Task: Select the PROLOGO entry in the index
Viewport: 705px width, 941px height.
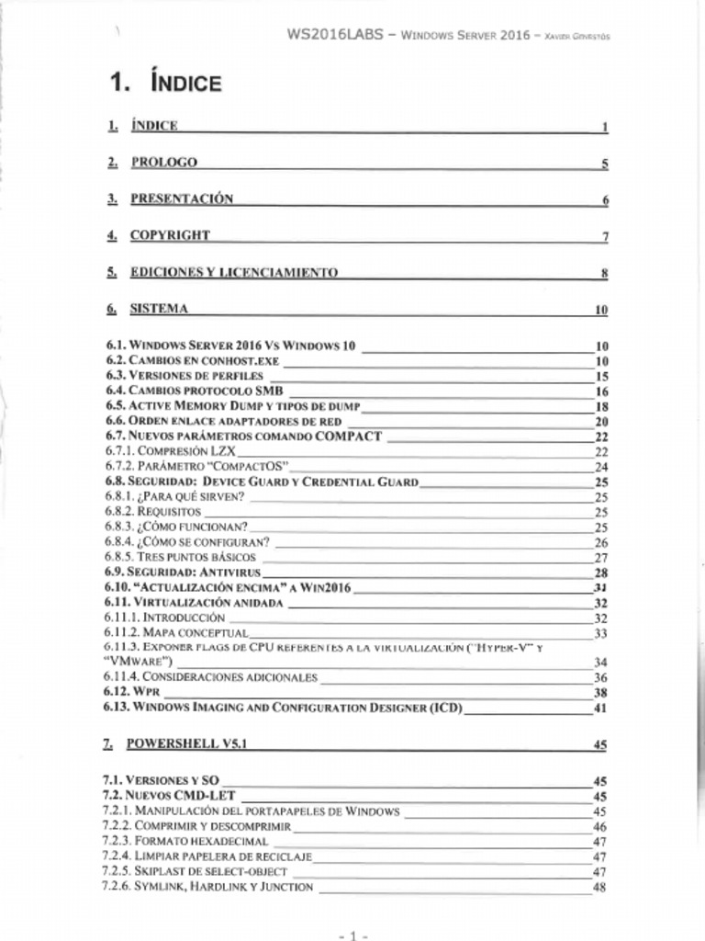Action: click(163, 163)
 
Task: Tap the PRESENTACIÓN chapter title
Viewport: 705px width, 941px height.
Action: click(181, 198)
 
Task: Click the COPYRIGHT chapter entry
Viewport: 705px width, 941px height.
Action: click(170, 235)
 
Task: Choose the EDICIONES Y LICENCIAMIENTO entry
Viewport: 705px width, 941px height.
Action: click(234, 272)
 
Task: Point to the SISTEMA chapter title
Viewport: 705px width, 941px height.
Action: click(159, 309)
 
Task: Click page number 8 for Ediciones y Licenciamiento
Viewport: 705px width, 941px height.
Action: click(604, 273)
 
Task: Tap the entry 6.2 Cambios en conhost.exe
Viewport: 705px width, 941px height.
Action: click(193, 361)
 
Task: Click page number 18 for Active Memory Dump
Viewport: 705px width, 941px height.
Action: click(602, 405)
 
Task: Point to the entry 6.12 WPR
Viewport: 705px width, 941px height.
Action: click(126, 691)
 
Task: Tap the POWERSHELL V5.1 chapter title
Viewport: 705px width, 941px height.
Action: click(185, 743)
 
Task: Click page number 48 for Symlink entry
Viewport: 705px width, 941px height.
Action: click(600, 888)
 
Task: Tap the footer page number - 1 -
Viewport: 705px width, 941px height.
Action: click(353, 935)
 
